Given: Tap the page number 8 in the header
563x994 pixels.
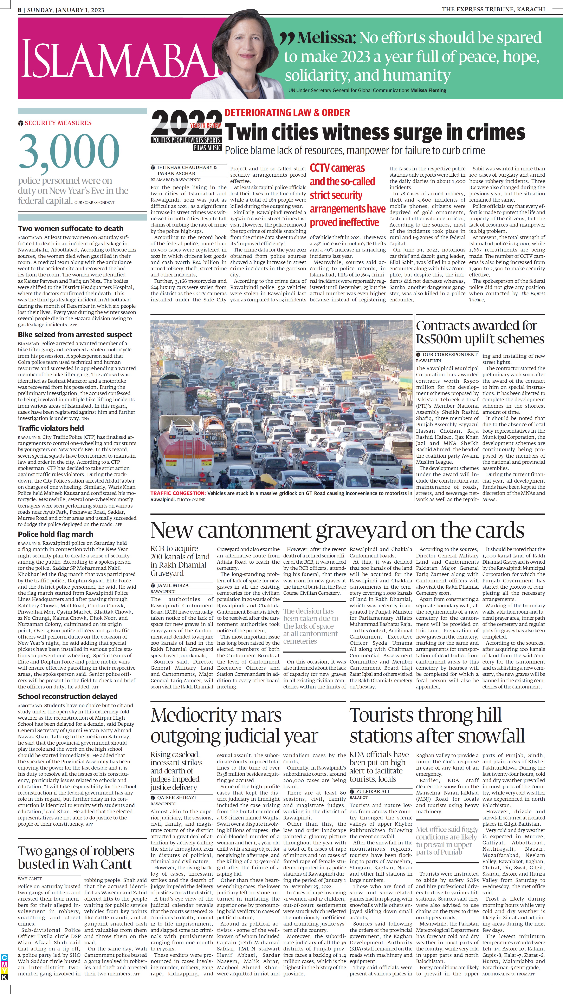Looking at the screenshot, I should click(20, 10).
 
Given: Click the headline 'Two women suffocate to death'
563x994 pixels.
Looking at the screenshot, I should click(70, 228).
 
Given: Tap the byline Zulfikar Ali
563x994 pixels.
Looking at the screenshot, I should click(372, 791).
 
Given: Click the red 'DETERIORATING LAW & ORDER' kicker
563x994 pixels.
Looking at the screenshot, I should click(287, 113).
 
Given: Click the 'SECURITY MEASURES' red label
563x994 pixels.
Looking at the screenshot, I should click(58, 123).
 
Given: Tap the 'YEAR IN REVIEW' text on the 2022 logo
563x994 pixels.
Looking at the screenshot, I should click(205, 125).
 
